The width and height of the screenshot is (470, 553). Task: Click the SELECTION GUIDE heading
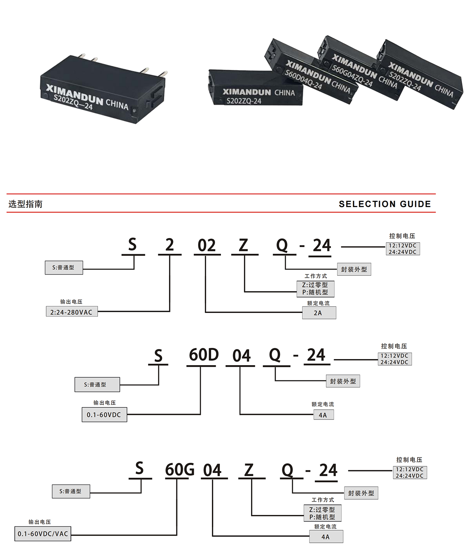pyautogui.click(x=385, y=204)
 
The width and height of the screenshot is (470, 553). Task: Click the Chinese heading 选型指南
pyautogui.click(x=25, y=204)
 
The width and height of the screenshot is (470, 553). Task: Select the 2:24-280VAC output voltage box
pyautogui.click(x=71, y=312)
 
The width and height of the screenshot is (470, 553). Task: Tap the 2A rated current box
pyautogui.click(x=319, y=313)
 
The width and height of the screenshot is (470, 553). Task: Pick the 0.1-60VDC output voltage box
pyautogui.click(x=104, y=415)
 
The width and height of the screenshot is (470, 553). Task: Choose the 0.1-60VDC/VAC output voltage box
pyautogui.click(x=43, y=534)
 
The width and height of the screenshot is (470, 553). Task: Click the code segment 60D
pyautogui.click(x=203, y=355)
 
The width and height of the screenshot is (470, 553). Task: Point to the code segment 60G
pyautogui.click(x=179, y=469)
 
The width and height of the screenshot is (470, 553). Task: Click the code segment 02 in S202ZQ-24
pyautogui.click(x=206, y=246)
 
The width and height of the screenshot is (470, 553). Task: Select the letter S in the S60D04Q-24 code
pyautogui.click(x=158, y=356)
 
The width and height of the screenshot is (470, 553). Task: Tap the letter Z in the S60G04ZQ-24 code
pyautogui.click(x=249, y=470)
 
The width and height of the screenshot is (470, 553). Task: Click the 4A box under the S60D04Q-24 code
pyautogui.click(x=323, y=415)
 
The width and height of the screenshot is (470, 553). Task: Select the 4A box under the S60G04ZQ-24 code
pyautogui.click(x=326, y=537)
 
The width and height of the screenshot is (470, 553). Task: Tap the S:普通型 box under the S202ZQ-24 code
pyautogui.click(x=64, y=268)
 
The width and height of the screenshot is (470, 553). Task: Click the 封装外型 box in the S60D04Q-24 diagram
pyautogui.click(x=343, y=381)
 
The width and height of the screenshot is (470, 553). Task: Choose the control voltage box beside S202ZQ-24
pyautogui.click(x=402, y=249)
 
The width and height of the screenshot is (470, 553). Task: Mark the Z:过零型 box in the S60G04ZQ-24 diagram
pyautogui.click(x=322, y=510)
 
